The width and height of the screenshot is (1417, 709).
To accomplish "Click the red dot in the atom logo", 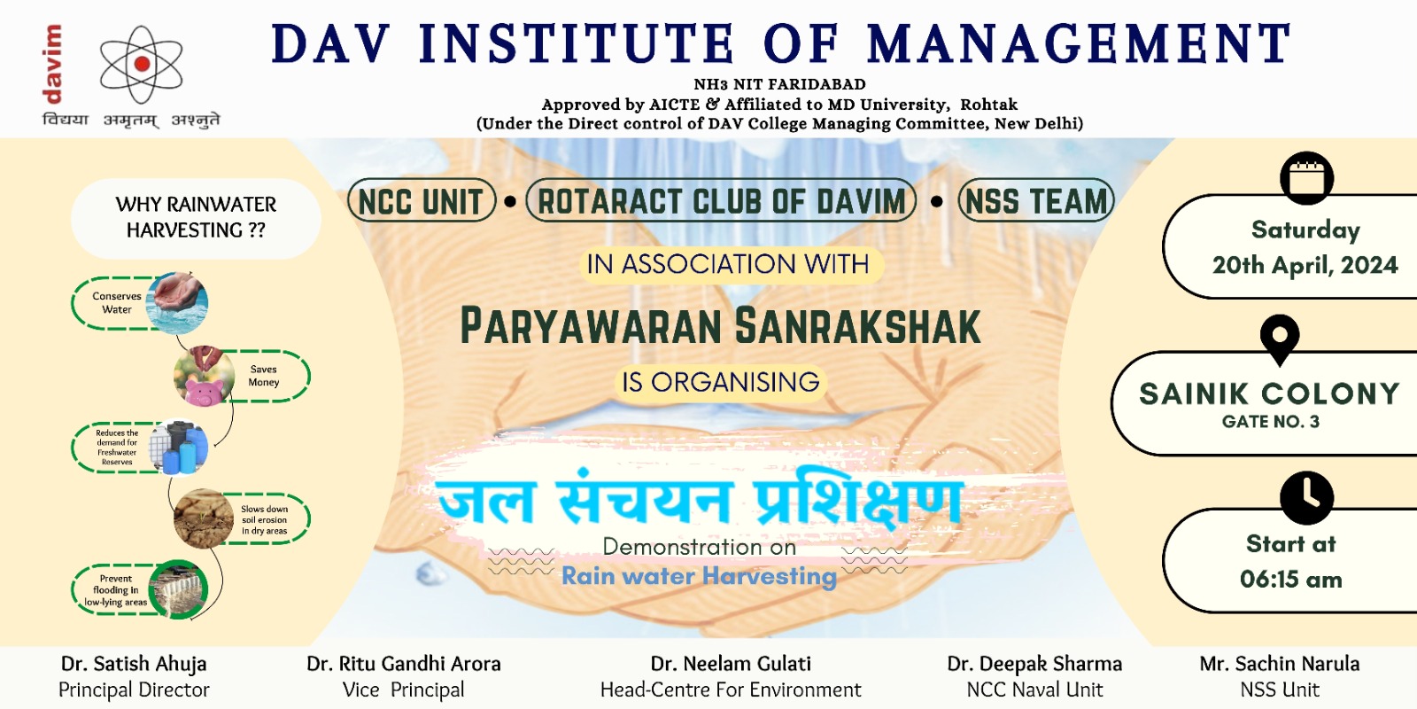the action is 143,63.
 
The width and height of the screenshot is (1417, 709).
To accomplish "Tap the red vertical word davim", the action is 52,64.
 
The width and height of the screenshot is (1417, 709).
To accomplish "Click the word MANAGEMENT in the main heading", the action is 1080,43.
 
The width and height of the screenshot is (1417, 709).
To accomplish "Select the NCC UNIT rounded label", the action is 422,201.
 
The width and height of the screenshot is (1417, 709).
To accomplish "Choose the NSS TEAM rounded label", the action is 1036,201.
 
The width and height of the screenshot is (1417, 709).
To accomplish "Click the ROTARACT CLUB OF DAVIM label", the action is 721,200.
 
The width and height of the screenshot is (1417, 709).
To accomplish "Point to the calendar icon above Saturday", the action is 1307,178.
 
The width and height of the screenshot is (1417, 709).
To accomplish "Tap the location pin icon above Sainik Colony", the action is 1280,339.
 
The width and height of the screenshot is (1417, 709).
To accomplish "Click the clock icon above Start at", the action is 1307,497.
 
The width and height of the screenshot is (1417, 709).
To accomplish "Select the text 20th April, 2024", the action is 1305,265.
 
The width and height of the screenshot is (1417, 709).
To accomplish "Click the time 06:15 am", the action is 1291,580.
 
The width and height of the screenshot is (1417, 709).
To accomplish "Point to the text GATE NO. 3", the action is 1271,422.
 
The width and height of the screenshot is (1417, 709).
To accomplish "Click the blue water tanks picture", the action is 179,447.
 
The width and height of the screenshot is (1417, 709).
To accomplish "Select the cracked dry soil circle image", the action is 204,518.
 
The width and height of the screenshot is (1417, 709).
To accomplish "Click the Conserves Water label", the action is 117,302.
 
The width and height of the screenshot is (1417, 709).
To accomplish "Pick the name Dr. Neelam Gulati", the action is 731,664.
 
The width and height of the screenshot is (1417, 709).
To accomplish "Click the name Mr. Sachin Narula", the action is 1280,664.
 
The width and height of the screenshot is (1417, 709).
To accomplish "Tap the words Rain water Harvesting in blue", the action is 699,577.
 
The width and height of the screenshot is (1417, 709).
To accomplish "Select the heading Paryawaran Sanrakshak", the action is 721,326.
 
